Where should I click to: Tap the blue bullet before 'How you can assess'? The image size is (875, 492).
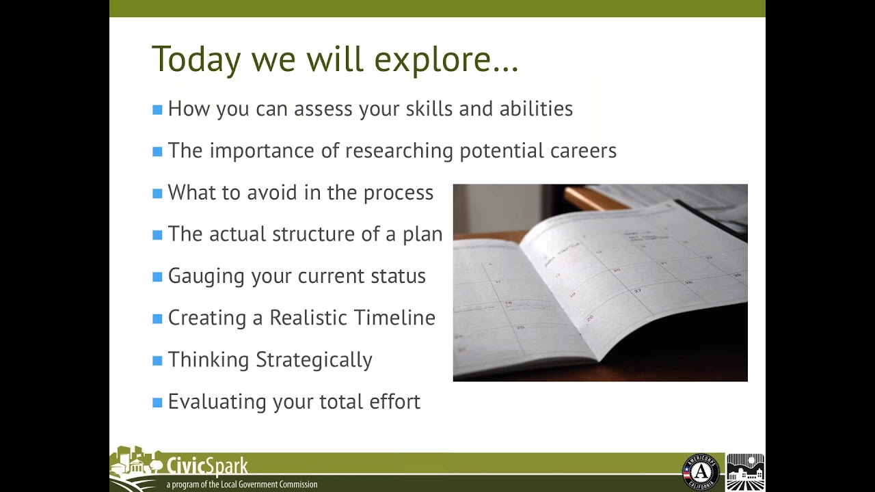[157, 109]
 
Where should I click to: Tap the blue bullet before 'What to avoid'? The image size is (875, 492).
[157, 193]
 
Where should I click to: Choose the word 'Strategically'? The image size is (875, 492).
[314, 360]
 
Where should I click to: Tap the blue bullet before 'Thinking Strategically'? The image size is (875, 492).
[157, 361]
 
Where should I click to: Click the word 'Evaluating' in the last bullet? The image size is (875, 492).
[217, 402]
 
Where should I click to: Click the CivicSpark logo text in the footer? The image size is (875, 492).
[207, 467]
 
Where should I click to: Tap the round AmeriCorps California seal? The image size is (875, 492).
[701, 471]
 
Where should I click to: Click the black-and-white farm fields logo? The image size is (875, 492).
[745, 471]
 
